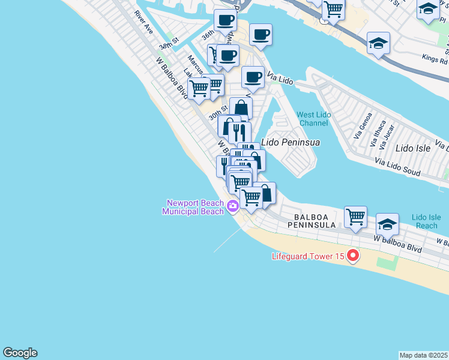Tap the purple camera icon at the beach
233,207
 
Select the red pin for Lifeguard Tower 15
353,256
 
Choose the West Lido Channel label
313,119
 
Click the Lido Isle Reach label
426,221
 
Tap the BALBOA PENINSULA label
314,220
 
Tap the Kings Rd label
435,60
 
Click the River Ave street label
144,22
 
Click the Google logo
20,353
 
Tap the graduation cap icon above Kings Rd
379,43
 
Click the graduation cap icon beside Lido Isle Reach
387,224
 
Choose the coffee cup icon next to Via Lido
253,77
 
